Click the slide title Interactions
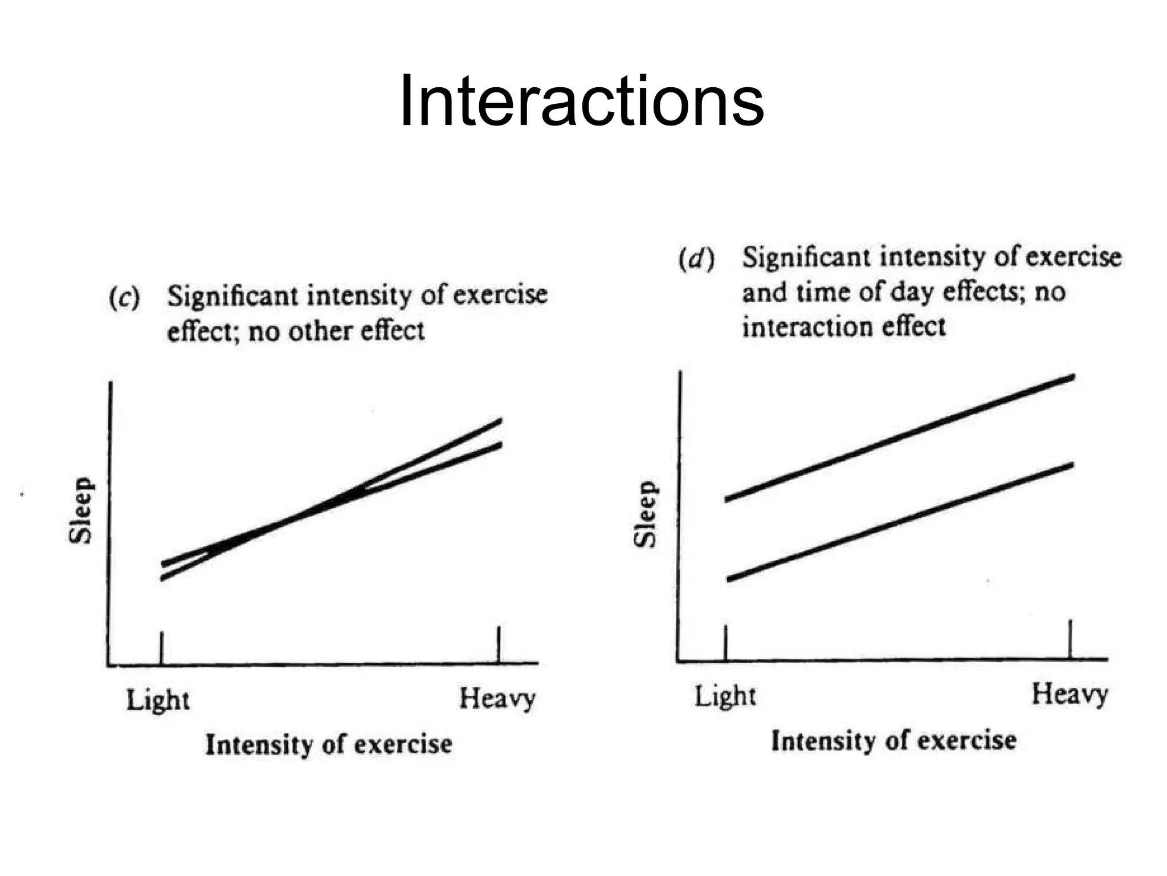pos(581,102)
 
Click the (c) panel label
pos(125,297)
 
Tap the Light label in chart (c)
pos(158,700)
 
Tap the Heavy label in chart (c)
pos(497,699)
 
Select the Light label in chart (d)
pos(725,696)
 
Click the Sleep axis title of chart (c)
pos(80,510)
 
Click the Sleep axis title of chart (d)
pos(646,514)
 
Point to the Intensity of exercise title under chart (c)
pos(329,744)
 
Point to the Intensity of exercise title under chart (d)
pos(893,741)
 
